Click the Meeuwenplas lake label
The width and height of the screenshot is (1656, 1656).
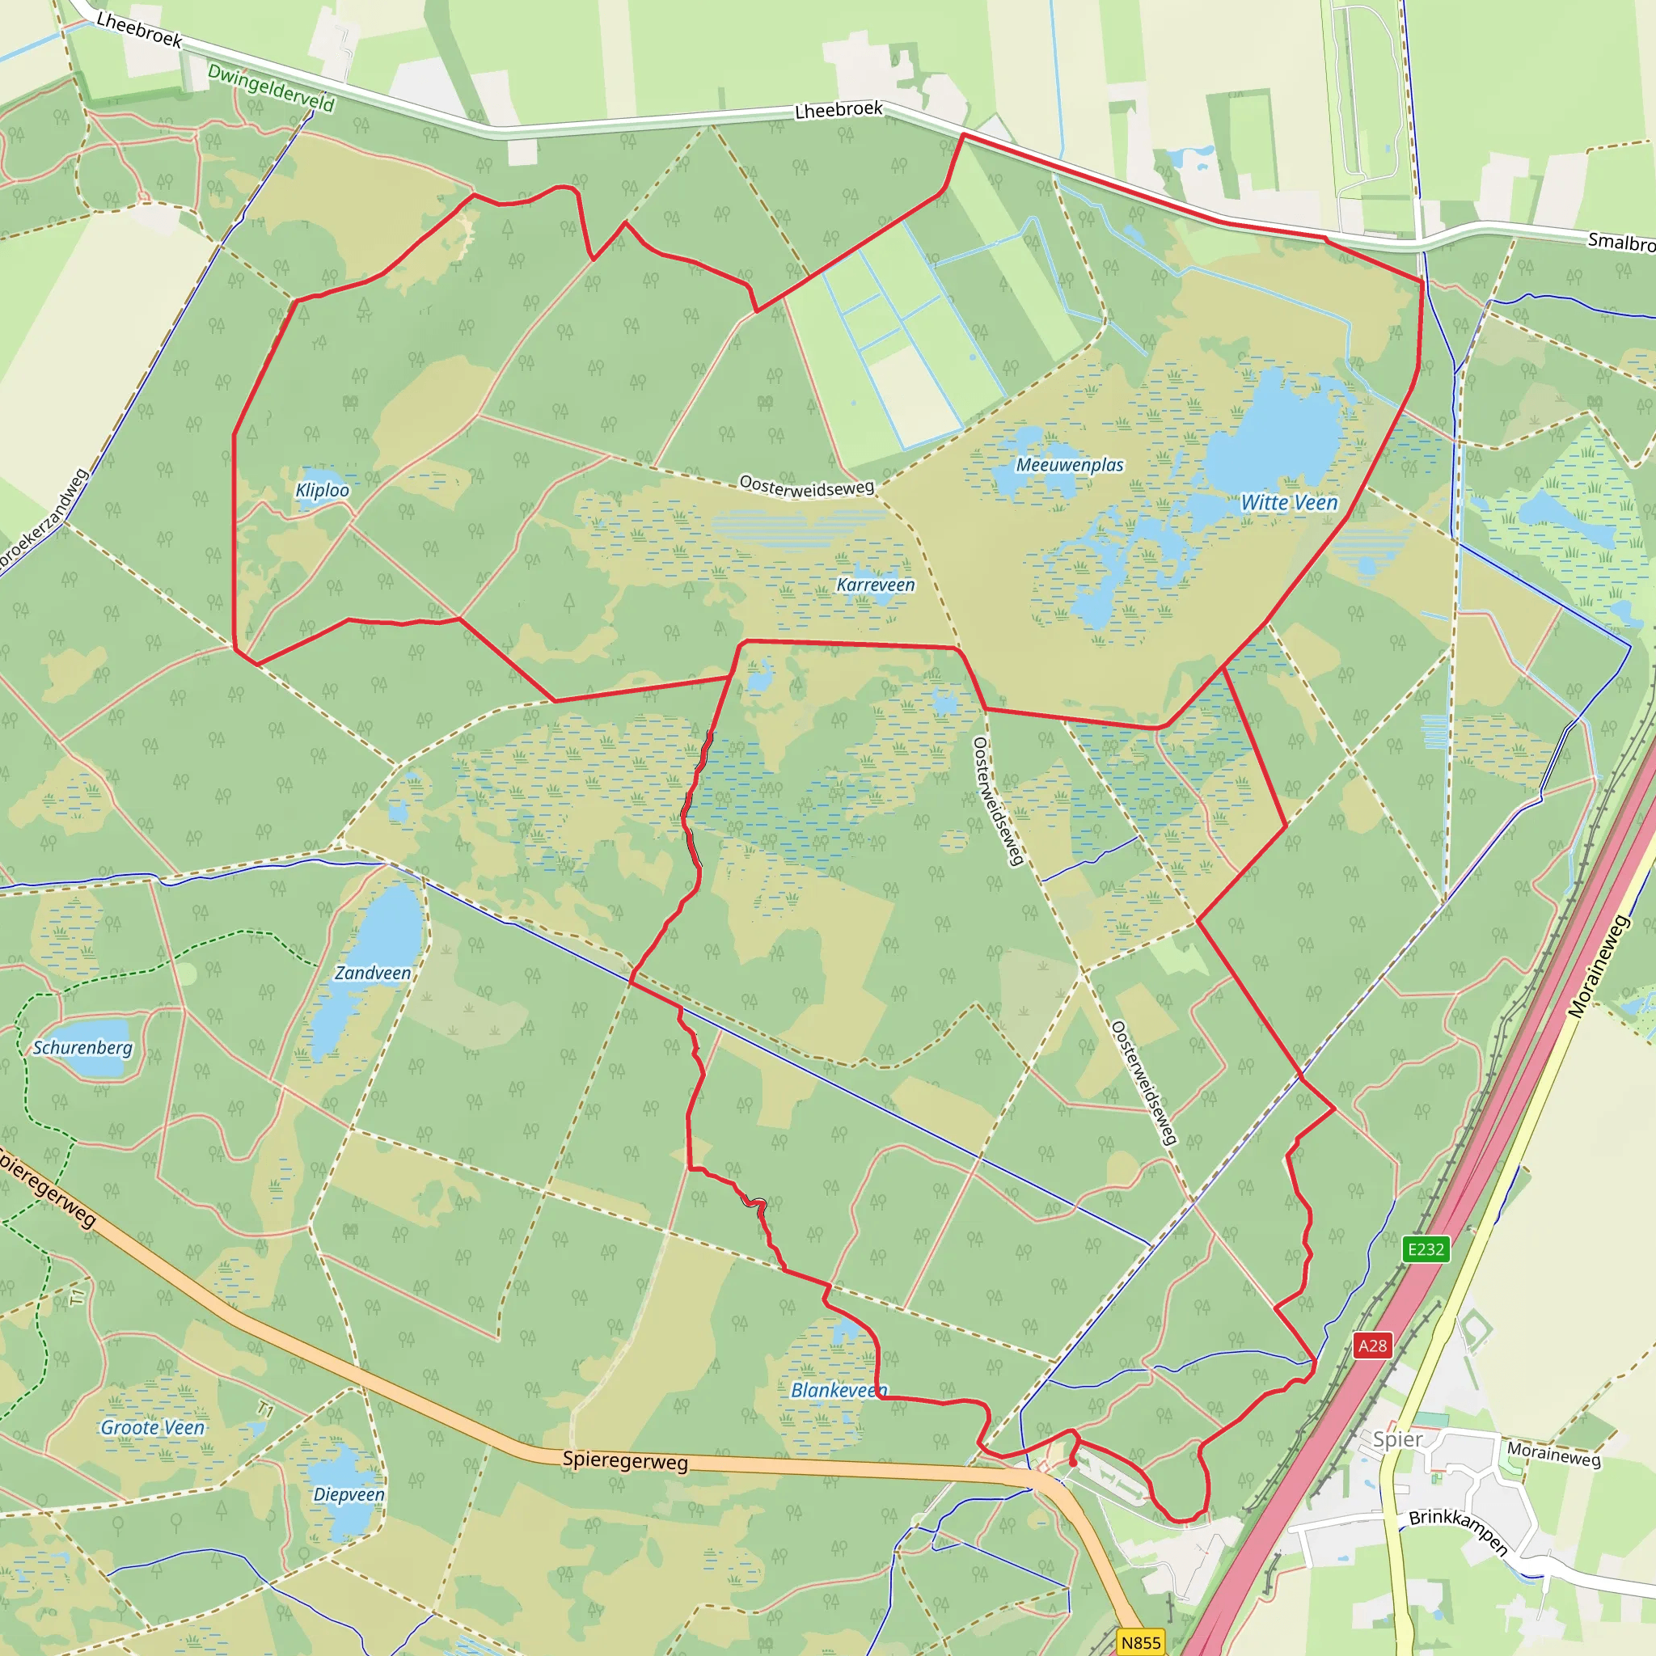(1069, 465)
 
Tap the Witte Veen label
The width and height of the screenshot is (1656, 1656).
(1288, 503)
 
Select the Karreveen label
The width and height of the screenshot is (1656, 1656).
(875, 585)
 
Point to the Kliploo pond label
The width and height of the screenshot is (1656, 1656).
(323, 490)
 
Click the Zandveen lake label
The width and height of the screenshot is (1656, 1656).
(372, 973)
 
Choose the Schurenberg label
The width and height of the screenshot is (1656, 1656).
(82, 1047)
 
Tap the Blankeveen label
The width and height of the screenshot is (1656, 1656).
(839, 1390)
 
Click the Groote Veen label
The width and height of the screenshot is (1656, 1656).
(153, 1427)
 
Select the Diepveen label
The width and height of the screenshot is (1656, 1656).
(348, 1494)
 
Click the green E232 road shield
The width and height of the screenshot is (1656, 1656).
(1426, 1248)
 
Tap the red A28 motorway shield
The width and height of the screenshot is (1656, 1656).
(1372, 1345)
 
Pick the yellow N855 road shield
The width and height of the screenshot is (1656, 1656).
(1141, 1642)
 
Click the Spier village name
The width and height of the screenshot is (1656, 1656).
(1397, 1439)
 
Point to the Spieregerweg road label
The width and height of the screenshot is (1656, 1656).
(625, 1460)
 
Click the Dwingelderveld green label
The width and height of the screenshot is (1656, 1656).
(271, 88)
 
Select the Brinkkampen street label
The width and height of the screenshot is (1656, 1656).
(1458, 1531)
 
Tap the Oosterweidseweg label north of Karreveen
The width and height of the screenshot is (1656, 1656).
(806, 486)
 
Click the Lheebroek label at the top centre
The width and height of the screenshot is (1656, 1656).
(839, 110)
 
